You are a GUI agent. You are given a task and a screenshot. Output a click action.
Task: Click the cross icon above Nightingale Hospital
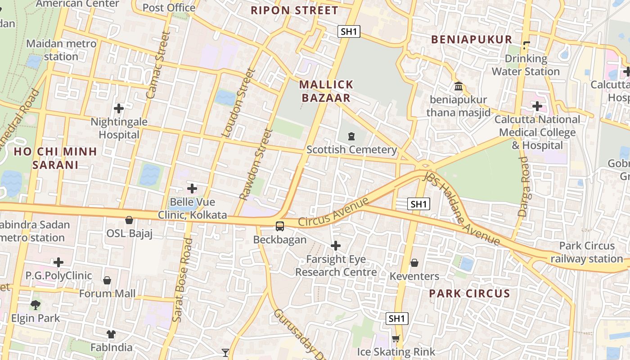coord(119,108)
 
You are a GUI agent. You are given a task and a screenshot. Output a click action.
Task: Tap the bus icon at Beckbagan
coord(280,226)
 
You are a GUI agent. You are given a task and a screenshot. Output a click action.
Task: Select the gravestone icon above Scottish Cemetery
coord(351,136)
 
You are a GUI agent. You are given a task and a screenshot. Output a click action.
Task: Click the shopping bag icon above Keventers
coord(414,262)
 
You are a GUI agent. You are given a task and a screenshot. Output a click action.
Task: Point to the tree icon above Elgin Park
coord(36,305)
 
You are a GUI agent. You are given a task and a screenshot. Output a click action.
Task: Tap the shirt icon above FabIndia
coord(111,334)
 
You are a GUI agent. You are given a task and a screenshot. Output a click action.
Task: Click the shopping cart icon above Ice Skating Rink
coord(396,338)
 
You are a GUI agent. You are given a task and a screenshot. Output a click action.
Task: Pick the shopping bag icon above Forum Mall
coord(107,280)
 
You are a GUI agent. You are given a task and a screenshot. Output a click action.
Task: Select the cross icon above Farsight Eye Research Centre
coord(336,246)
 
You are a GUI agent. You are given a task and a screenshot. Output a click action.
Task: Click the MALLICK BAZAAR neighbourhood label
coord(326,91)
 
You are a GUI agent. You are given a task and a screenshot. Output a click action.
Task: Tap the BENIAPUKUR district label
coord(472,40)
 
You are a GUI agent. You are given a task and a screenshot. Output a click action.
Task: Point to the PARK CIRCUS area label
coord(469,294)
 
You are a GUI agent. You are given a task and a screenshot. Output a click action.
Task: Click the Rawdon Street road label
coord(256,165)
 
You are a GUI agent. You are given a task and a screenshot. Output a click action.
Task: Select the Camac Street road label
coord(158,65)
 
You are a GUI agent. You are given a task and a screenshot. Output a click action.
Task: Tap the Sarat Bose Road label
coord(182,280)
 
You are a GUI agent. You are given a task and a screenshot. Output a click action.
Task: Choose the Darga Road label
coord(524,186)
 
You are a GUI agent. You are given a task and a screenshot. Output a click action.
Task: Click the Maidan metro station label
coord(61,50)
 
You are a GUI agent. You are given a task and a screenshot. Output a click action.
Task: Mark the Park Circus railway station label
coord(586,252)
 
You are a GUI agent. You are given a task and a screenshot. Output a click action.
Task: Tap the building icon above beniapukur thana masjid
coord(459,86)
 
